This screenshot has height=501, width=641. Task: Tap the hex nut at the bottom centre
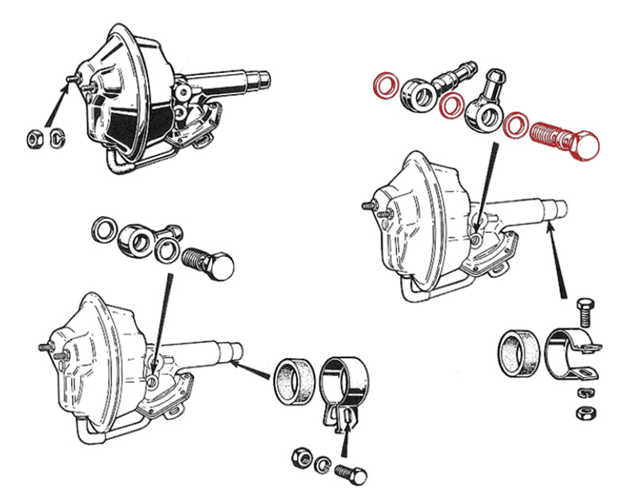(301, 457)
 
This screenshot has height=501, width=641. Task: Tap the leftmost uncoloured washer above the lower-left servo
(105, 230)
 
